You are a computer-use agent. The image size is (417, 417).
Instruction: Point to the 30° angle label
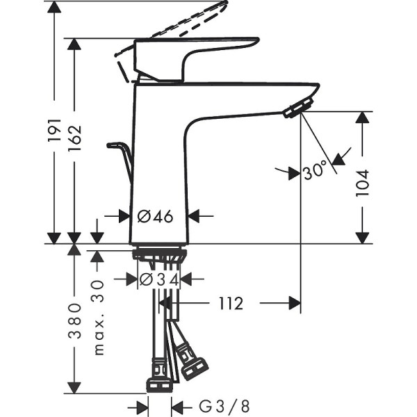point(315,170)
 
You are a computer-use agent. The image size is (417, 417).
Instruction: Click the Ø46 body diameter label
point(155,216)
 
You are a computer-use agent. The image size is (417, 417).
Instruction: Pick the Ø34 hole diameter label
point(160,279)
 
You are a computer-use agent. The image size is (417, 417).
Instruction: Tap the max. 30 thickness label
point(97,317)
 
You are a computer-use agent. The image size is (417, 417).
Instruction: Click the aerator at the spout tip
point(298,108)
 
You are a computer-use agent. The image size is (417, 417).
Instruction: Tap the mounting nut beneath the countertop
point(159,256)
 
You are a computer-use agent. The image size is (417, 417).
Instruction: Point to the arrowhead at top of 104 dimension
point(362,117)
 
